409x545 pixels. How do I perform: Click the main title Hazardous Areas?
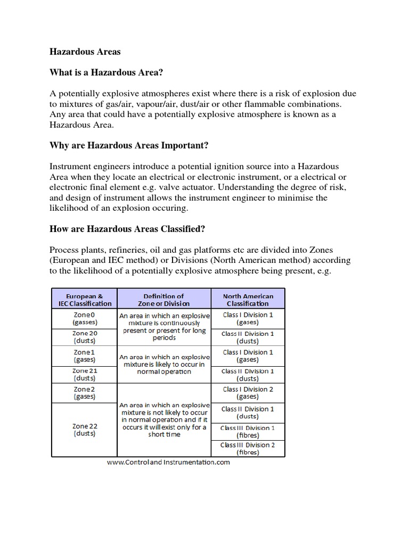tap(85, 52)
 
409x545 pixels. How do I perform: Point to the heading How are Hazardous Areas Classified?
tap(127, 229)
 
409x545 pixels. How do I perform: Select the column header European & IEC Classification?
tap(84, 300)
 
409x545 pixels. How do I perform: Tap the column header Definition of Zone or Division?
tap(164, 300)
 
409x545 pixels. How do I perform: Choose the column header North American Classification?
tap(248, 300)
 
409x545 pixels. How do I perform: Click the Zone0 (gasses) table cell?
tap(84, 318)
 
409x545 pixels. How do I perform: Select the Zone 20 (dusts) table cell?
tap(84, 337)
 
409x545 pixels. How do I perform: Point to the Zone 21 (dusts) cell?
tap(84, 374)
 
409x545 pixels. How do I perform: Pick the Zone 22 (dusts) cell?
tap(84, 430)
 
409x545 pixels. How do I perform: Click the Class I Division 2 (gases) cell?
tap(248, 393)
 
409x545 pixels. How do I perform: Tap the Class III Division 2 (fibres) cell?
tap(248, 449)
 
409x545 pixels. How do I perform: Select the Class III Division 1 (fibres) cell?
tap(248, 432)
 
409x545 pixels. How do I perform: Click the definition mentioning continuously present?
tap(164, 327)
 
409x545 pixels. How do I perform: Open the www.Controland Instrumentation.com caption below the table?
tap(168, 463)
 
